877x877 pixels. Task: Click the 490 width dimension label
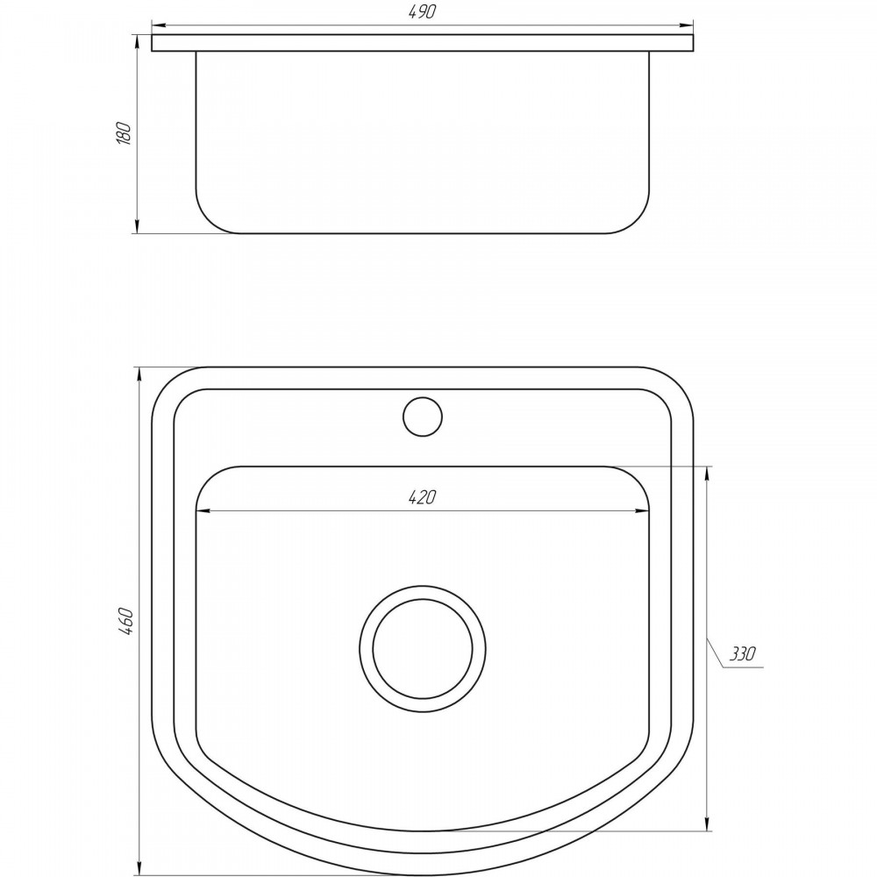point(423,11)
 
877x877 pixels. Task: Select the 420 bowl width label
point(423,496)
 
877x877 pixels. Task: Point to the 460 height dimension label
point(125,620)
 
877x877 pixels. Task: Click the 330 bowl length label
point(743,653)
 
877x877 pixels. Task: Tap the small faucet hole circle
point(423,416)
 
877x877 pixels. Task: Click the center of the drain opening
point(423,649)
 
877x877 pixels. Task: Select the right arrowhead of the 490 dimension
point(686,25)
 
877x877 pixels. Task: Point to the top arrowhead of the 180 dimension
point(137,42)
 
